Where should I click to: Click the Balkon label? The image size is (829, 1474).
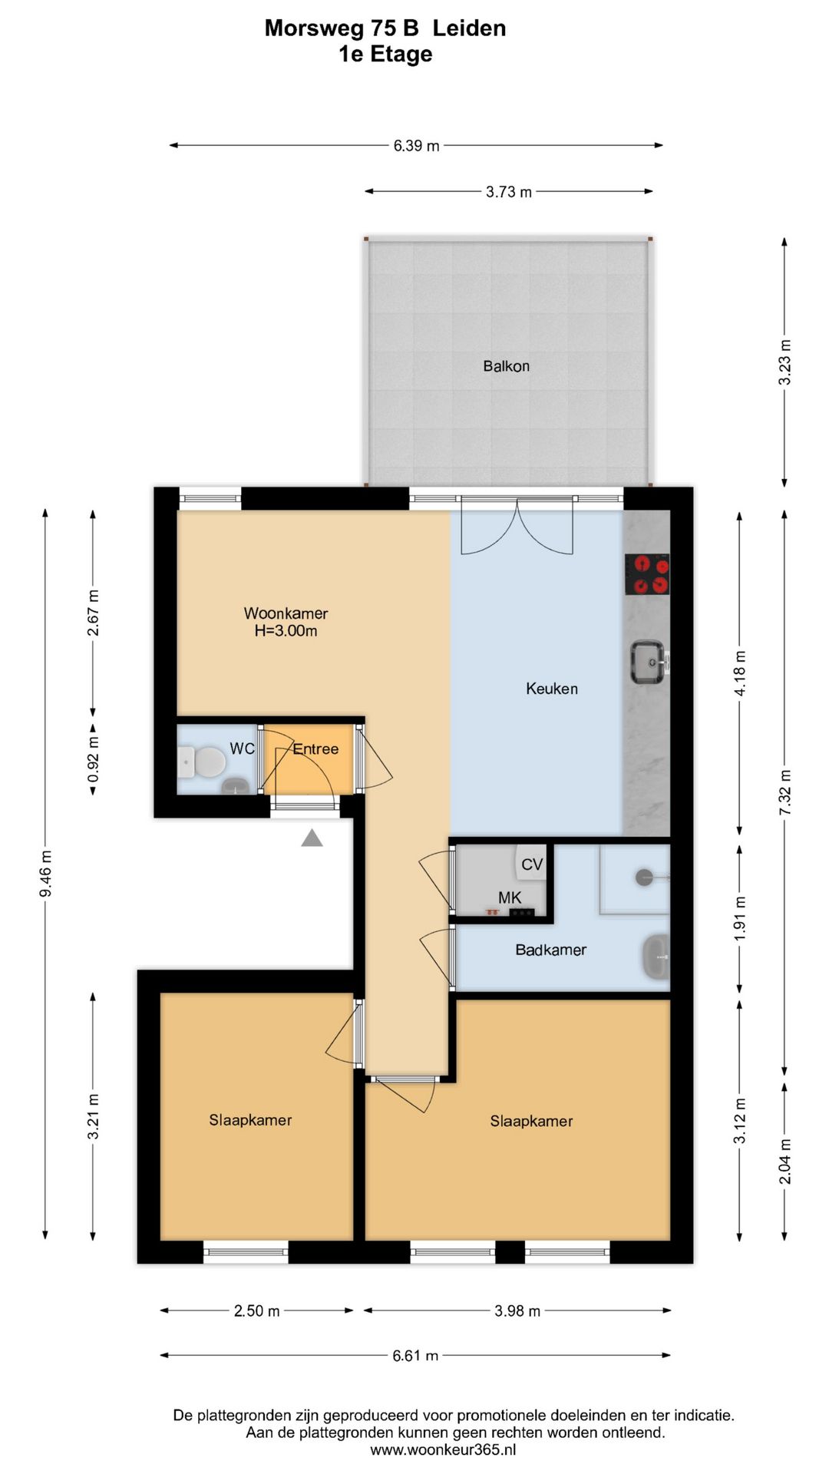tap(506, 366)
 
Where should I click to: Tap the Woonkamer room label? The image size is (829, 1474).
tap(286, 613)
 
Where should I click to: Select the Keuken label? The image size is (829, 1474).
tap(551, 689)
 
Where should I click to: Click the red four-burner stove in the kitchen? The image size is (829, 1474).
tap(646, 575)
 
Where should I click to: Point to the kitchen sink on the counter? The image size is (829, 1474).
tap(648, 662)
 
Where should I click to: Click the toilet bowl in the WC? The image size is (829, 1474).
tap(207, 762)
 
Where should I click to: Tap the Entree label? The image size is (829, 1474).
tap(315, 749)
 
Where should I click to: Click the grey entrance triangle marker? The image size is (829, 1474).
tap(312, 838)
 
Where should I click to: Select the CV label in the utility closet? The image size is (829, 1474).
tap(532, 864)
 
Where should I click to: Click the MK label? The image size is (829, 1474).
tap(510, 897)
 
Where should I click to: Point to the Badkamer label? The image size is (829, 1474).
tap(550, 950)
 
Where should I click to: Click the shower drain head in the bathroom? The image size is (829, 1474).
tap(645, 877)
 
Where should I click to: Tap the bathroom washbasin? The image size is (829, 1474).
tap(655, 957)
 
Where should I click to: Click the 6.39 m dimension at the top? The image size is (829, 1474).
tap(416, 145)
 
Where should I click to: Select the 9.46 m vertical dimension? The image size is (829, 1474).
tap(46, 874)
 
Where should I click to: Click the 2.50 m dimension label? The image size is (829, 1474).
tap(256, 1310)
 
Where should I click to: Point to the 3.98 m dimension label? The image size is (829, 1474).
tap(517, 1310)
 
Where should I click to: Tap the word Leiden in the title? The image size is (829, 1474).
tap(468, 28)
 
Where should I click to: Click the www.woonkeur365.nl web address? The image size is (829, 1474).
tap(443, 1449)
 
